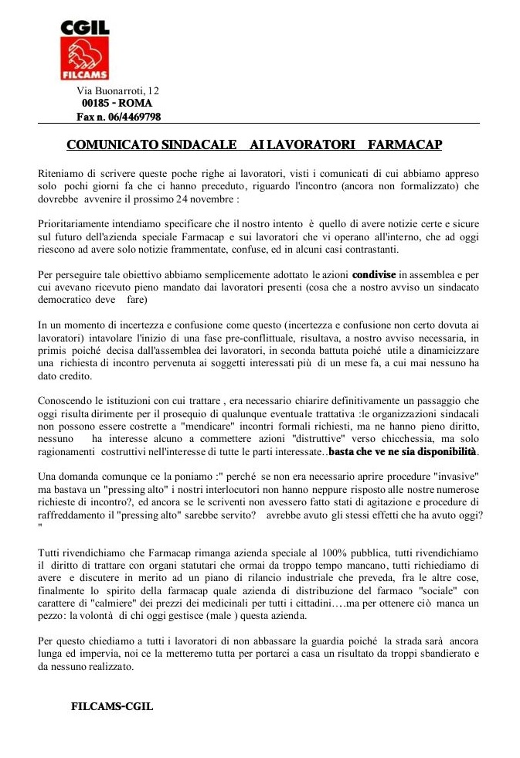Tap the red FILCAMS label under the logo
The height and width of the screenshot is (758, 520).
pyautogui.click(x=85, y=75)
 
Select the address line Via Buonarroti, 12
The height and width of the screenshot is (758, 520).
pyautogui.click(x=117, y=91)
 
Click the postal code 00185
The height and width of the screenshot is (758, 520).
pyautogui.click(x=96, y=103)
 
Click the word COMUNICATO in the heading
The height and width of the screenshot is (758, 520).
pyautogui.click(x=110, y=145)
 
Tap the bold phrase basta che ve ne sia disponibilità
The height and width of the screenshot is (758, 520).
pyautogui.click(x=404, y=450)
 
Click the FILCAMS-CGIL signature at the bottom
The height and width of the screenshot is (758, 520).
pyautogui.click(x=112, y=706)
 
